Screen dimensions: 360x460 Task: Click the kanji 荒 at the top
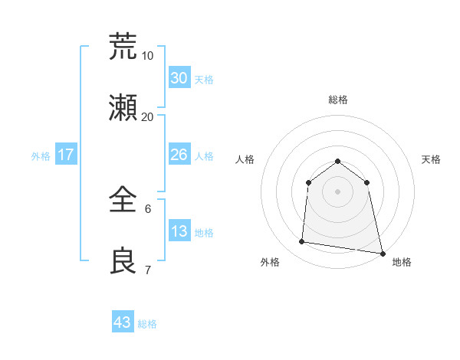(x=123, y=46)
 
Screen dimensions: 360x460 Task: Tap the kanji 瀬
(x=123, y=108)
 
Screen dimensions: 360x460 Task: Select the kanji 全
(x=123, y=201)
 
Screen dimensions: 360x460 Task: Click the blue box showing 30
(x=179, y=78)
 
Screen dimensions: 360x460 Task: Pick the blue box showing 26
(x=179, y=155)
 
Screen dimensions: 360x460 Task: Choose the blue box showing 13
(x=179, y=231)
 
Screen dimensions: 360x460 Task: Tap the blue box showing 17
(x=66, y=155)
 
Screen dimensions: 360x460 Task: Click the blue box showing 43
(x=123, y=322)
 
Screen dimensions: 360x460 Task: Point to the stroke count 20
(x=148, y=116)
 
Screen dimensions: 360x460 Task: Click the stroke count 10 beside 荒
(x=148, y=55)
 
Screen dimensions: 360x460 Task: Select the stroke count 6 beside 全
(x=148, y=208)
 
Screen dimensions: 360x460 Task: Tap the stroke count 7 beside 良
(x=148, y=270)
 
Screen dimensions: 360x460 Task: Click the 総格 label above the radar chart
(x=338, y=100)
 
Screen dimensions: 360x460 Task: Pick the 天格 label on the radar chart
(x=431, y=159)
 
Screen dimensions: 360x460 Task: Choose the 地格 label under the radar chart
(x=402, y=262)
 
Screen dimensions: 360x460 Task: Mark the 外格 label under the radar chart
(x=270, y=262)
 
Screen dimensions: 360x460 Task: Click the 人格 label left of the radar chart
(x=245, y=159)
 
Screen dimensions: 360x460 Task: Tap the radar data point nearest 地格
(x=382, y=253)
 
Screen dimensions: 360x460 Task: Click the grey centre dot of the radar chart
(x=338, y=191)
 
